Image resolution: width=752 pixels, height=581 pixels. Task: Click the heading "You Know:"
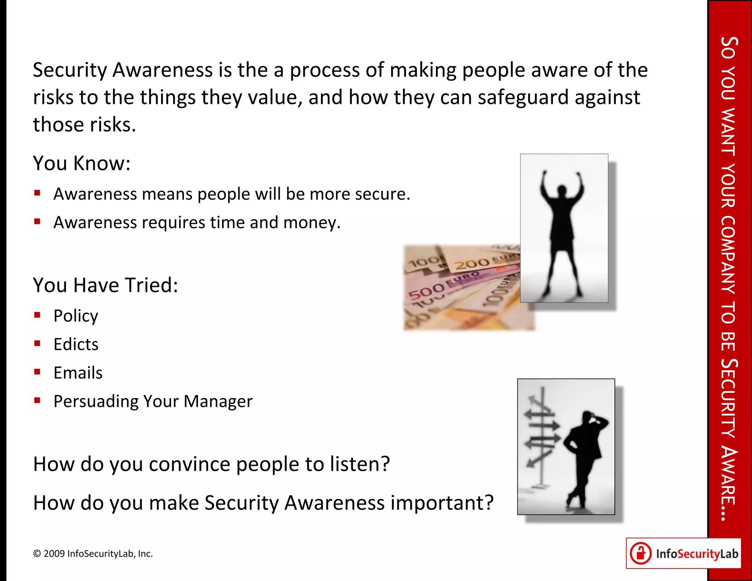pyautogui.click(x=82, y=163)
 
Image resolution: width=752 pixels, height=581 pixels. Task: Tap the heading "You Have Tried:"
pyautogui.click(x=105, y=285)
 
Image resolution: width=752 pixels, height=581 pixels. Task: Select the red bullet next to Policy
pyautogui.click(x=37, y=315)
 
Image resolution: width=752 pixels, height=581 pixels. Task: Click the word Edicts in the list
pyautogui.click(x=76, y=344)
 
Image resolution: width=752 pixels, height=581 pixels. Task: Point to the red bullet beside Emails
pyautogui.click(x=37, y=372)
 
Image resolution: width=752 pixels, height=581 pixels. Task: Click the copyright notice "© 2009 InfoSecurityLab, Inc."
pyautogui.click(x=93, y=554)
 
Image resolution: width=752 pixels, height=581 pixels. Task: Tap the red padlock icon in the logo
pyautogui.click(x=641, y=553)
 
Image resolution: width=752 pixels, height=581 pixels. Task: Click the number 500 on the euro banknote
pyautogui.click(x=426, y=292)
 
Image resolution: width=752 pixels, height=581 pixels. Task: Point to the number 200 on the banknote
pyautogui.click(x=472, y=263)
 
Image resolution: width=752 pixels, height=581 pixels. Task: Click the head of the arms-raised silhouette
pyautogui.click(x=561, y=191)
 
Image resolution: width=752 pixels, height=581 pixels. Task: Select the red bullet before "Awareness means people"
pyautogui.click(x=37, y=193)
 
